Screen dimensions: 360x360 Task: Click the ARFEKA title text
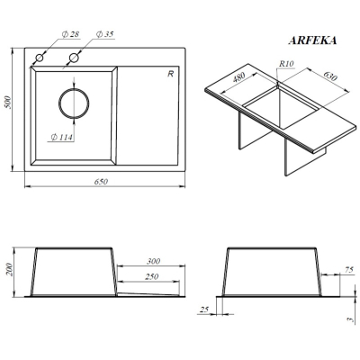click(x=312, y=40)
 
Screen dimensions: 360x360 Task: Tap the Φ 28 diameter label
click(x=70, y=34)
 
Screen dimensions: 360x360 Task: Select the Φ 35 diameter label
click(x=104, y=34)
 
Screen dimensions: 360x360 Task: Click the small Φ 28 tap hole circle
click(x=40, y=58)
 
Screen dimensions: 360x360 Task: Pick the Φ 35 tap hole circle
click(x=74, y=58)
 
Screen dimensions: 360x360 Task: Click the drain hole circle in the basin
click(x=74, y=103)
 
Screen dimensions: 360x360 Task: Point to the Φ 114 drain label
click(x=62, y=138)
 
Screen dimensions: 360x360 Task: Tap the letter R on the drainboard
click(x=171, y=74)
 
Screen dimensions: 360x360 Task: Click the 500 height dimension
click(x=8, y=103)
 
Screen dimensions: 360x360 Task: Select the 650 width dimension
click(x=101, y=182)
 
